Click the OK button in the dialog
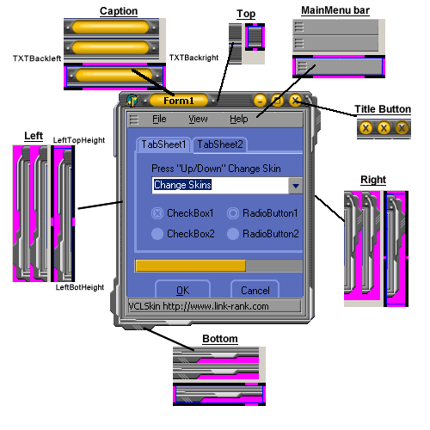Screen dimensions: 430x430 point(182,289)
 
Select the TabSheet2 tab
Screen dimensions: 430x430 point(220,144)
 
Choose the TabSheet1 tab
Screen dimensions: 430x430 point(163,144)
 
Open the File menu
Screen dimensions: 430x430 point(159,119)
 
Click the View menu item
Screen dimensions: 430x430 point(198,119)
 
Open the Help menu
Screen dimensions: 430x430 point(239,119)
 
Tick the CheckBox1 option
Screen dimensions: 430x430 point(157,213)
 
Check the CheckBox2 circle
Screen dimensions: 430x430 point(157,234)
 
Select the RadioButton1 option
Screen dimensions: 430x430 point(233,213)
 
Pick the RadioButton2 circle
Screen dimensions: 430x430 point(233,234)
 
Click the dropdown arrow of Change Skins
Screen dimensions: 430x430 point(296,186)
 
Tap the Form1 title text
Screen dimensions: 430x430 point(179,101)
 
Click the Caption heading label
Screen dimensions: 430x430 point(119,11)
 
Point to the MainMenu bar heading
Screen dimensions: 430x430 point(335,10)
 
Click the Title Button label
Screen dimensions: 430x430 point(383,109)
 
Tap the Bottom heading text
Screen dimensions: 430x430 point(220,339)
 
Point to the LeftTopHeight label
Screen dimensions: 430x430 point(79,140)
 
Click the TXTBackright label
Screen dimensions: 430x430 point(193,58)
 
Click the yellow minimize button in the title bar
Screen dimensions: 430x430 point(260,101)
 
